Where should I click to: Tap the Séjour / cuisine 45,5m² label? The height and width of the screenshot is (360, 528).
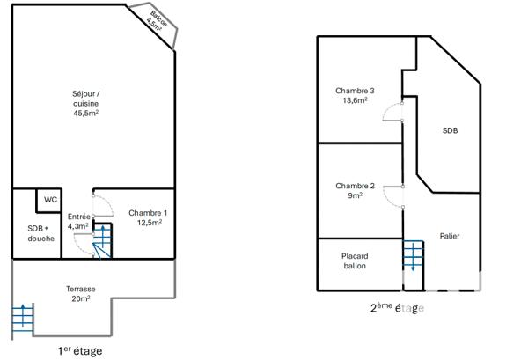pyautogui.click(x=85, y=103)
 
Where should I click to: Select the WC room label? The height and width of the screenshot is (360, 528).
pyautogui.click(x=51, y=200)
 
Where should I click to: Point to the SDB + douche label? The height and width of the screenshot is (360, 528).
pyautogui.click(x=40, y=233)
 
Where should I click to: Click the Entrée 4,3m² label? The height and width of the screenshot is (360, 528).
pyautogui.click(x=79, y=221)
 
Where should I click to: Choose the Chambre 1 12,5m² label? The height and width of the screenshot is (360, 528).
pyautogui.click(x=148, y=217)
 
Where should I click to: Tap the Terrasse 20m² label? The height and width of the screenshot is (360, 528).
pyautogui.click(x=80, y=294)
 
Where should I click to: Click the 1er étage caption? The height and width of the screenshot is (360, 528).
pyautogui.click(x=79, y=350)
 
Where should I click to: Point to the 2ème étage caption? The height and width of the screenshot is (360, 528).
pyautogui.click(x=398, y=308)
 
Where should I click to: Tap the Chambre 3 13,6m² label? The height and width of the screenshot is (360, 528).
pyautogui.click(x=355, y=95)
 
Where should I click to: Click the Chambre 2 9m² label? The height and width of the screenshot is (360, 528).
pyautogui.click(x=355, y=190)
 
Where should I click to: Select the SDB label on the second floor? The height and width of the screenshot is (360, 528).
pyautogui.click(x=450, y=131)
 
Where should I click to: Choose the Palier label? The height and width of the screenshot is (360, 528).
pyautogui.click(x=450, y=236)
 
